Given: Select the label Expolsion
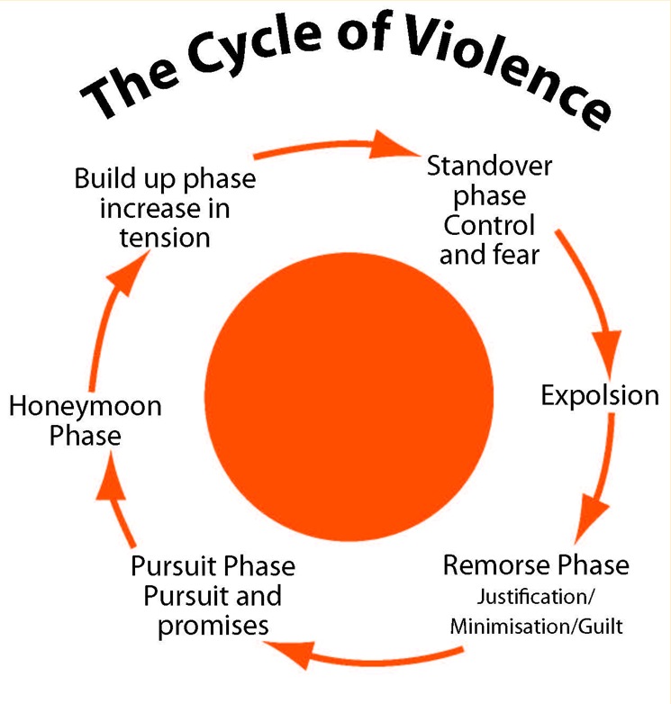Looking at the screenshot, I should (x=600, y=395).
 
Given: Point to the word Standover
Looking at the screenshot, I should (x=490, y=167).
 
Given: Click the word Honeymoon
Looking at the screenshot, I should (x=86, y=407).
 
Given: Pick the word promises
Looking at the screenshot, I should (x=213, y=625).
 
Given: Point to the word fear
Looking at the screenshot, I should (x=516, y=255).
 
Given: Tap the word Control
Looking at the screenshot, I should (x=487, y=225).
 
